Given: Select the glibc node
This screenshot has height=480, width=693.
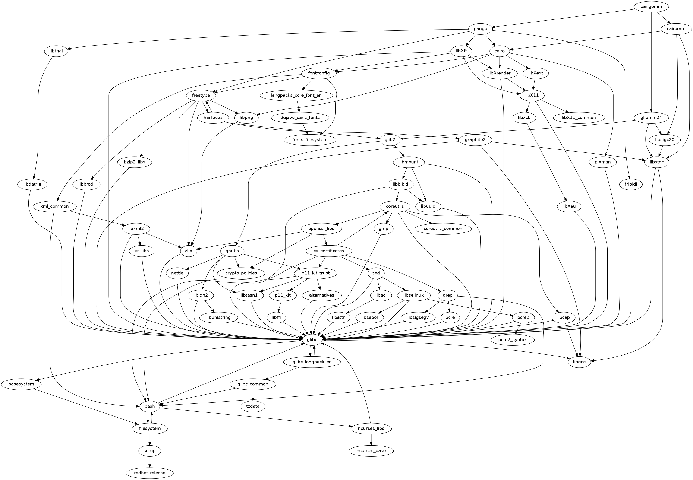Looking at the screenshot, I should (312, 340).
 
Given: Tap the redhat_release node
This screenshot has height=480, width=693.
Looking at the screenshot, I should (150, 473).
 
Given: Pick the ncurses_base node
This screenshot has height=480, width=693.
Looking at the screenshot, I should (371, 451).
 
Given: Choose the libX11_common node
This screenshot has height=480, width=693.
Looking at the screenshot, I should (579, 118).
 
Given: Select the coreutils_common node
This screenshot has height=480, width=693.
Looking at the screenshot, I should (443, 229).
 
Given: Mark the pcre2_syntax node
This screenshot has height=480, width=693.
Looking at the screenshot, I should (512, 340).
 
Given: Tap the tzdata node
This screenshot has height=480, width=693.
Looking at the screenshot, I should (253, 406).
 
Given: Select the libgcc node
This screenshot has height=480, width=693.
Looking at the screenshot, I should (579, 362).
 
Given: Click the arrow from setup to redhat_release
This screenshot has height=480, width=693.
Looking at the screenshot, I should (150, 462).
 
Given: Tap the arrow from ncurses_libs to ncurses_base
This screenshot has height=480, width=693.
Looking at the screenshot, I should (371, 439).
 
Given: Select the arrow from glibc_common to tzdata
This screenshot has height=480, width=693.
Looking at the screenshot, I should (253, 395).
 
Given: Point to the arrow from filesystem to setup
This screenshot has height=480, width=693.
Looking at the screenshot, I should (150, 439).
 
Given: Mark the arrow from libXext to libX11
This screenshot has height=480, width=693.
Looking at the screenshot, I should (535, 84).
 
